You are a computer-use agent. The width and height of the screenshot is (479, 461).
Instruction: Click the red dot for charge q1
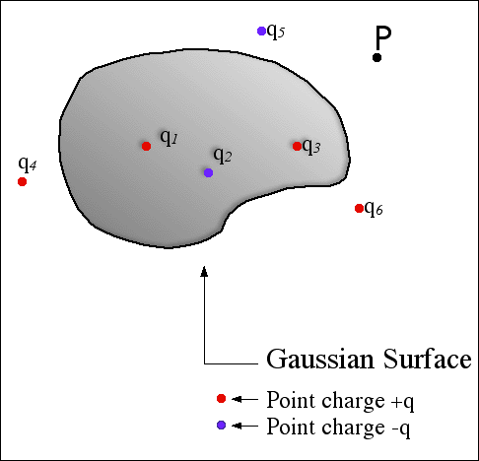[x=146, y=146]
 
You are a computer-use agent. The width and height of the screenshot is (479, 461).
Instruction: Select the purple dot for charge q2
[x=208, y=172]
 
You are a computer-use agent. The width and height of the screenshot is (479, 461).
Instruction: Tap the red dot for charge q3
[x=297, y=146]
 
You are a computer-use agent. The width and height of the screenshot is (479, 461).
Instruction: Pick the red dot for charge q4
[x=22, y=181]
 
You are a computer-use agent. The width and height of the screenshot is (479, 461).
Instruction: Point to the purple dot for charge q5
[x=261, y=32]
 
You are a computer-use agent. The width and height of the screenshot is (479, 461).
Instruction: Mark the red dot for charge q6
[x=359, y=208]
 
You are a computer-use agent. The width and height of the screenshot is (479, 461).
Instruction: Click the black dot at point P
[x=376, y=57]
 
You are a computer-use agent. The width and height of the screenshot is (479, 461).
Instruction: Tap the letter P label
[x=383, y=37]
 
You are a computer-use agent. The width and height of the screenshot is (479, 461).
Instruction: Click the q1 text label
[x=169, y=138]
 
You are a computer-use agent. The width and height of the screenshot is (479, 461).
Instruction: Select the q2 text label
[x=223, y=156]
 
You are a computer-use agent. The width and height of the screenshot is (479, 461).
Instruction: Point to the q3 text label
[x=311, y=146]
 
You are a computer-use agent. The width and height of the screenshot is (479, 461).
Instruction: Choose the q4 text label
[x=28, y=164]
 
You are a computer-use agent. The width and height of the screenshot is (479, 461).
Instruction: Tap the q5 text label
[x=276, y=32]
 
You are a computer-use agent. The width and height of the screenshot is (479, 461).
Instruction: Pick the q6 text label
[x=374, y=208]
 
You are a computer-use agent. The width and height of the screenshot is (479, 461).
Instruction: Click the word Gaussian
[x=320, y=359]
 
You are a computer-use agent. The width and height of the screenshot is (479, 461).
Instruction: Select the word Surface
[x=427, y=358]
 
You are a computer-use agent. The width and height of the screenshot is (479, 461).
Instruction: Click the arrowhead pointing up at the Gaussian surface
[x=204, y=271]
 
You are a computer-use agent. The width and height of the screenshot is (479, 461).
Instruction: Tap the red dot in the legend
[x=222, y=399]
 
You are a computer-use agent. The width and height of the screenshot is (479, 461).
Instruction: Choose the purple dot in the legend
[x=222, y=426]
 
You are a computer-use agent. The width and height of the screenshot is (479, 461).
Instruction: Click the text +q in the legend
[x=402, y=402]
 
